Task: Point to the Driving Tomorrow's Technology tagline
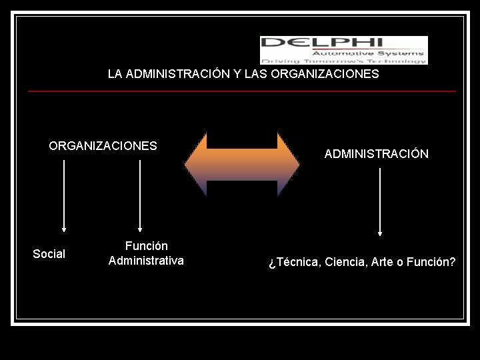point(344,61)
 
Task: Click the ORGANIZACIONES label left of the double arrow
point(103,146)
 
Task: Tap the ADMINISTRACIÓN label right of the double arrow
point(376,154)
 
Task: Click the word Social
point(49,254)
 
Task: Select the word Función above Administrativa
point(146,246)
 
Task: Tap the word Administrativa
point(146,261)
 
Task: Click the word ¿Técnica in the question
point(293,262)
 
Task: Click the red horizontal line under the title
point(241,91)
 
